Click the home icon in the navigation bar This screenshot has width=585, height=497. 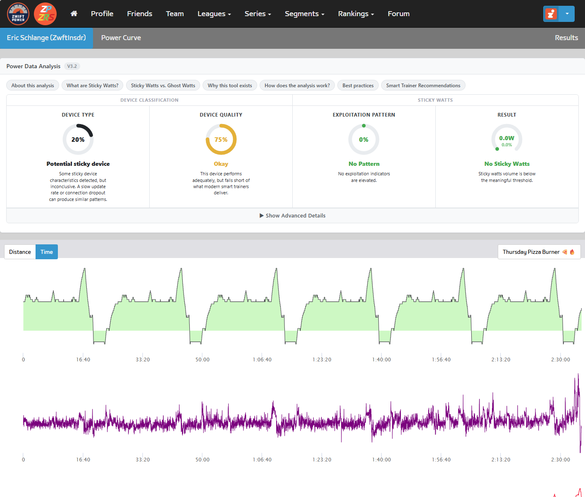(74, 14)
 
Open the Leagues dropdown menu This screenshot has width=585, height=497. (214, 14)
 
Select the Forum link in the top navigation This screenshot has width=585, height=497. (399, 14)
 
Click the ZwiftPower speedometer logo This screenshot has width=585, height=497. (18, 14)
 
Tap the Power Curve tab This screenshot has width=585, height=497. (121, 38)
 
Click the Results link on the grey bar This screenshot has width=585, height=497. (566, 38)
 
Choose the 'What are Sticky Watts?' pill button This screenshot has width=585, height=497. (92, 86)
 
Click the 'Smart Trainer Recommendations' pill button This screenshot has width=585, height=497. (423, 86)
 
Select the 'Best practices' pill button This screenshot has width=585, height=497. (358, 86)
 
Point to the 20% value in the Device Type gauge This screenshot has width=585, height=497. (78, 139)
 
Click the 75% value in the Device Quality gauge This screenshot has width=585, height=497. (221, 139)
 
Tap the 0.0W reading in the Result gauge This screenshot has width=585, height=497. (506, 138)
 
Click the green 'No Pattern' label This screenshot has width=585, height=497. (364, 164)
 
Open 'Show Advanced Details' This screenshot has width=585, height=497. (292, 216)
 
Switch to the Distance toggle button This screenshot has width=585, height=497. (20, 252)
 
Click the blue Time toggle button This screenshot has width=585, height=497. (47, 252)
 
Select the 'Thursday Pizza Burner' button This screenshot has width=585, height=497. (539, 252)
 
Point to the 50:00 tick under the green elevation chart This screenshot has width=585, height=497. (202, 359)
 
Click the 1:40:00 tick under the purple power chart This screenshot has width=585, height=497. (381, 459)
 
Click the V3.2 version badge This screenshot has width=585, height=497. (72, 66)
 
